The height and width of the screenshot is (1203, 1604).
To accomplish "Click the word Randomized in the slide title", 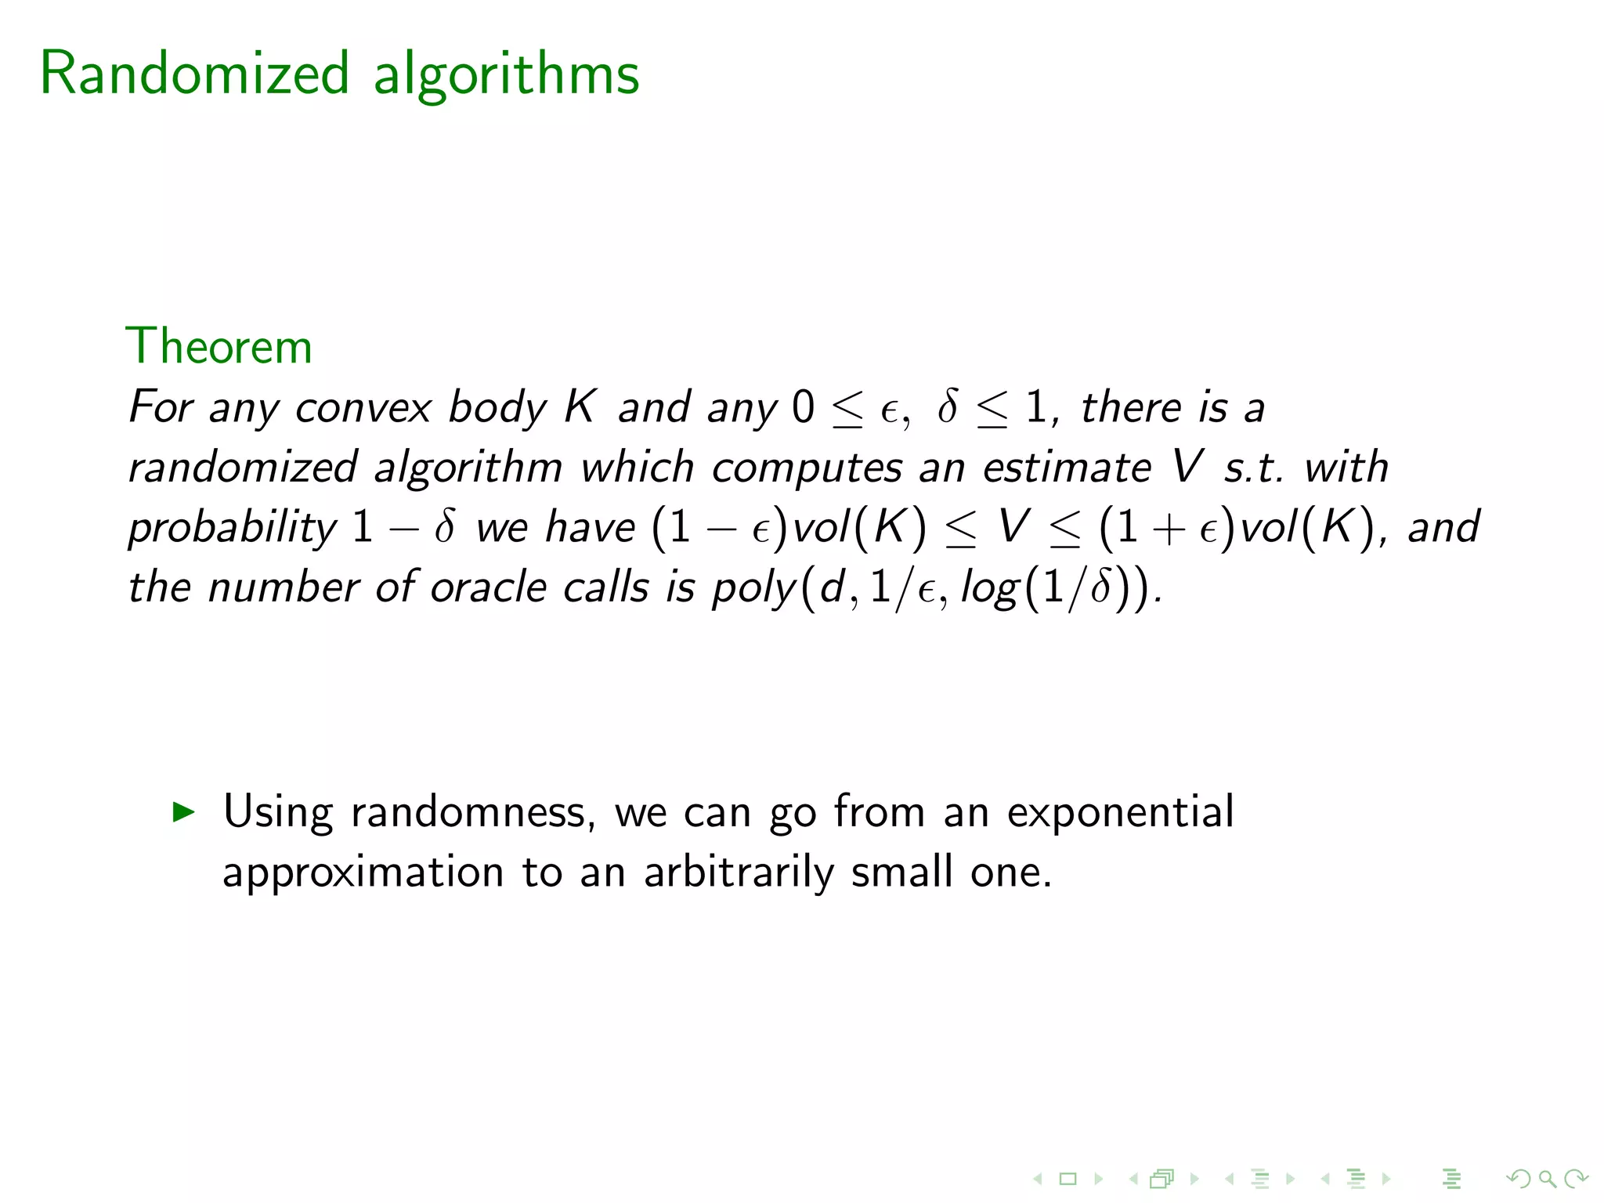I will [x=193, y=74].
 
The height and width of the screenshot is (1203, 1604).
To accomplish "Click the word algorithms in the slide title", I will [x=506, y=74].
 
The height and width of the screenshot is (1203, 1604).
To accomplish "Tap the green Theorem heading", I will [x=219, y=346].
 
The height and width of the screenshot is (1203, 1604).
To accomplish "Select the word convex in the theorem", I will [x=363, y=408].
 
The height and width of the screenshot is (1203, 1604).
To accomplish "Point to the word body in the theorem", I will [x=497, y=408].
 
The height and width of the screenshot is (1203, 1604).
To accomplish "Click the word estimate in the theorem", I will [x=1067, y=468].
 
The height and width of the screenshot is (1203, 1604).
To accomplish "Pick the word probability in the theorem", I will [x=233, y=527].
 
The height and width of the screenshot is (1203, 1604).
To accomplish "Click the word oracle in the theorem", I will [x=488, y=587].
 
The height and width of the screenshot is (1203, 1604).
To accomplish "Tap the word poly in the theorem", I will [x=753, y=587].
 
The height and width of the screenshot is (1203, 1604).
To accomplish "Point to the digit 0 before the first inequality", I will [x=803, y=408].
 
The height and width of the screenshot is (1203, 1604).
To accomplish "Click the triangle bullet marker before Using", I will [x=182, y=811].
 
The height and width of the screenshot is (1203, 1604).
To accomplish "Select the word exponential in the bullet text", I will [x=1120, y=811].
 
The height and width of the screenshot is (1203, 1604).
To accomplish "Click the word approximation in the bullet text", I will [x=363, y=872].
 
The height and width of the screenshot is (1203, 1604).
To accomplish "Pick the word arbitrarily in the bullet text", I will [x=739, y=872].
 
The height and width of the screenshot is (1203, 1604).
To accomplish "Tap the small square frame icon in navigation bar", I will [x=1068, y=1179].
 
